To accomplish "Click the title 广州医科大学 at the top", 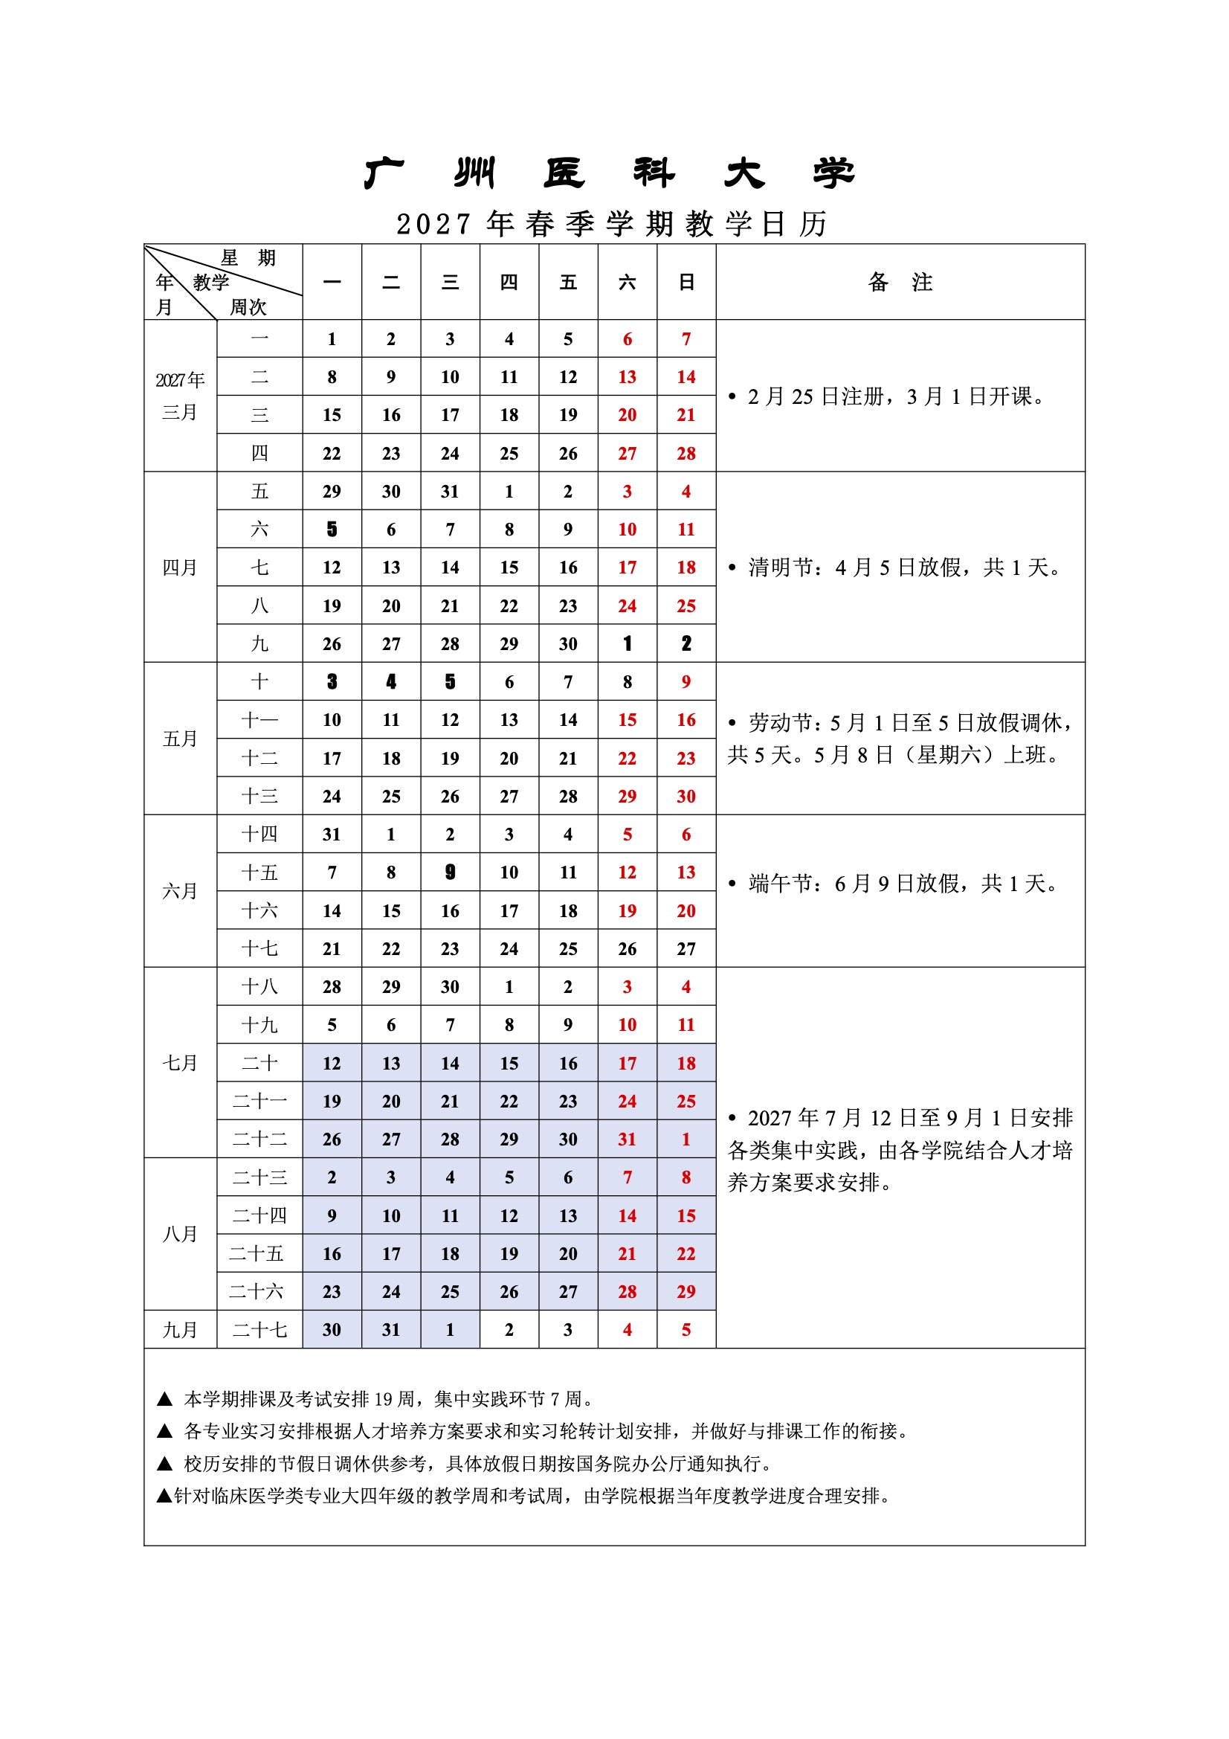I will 610,173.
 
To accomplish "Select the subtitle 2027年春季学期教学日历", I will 612,223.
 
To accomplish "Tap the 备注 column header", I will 900,282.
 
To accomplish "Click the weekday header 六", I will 627,282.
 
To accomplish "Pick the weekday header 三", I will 450,282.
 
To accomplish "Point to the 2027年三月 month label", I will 180,396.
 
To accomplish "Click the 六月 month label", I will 180,891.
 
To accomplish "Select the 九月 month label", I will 180,1329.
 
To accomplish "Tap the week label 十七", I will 259,948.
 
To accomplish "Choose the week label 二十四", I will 259,1215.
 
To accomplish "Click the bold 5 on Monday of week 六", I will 332,530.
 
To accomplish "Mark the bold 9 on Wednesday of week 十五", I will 450,872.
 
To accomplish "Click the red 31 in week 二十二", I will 627,1139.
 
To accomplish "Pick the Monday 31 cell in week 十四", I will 332,834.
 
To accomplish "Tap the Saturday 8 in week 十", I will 627,681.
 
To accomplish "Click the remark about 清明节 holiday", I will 897,568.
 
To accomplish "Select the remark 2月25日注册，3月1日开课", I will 891,396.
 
